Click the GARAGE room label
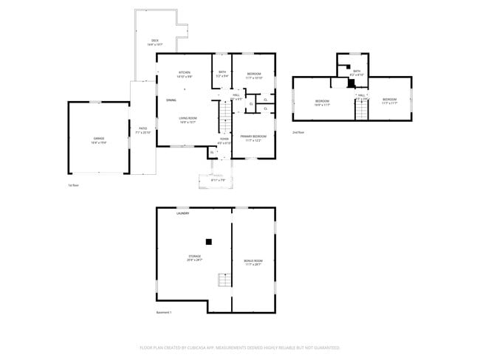coord(98,139)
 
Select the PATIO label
coord(143,131)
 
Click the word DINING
coord(171,100)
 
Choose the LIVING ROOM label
coord(188,120)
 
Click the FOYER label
coord(224,140)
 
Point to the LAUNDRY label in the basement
coord(182,213)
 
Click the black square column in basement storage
coord(209,240)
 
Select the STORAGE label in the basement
coord(194,257)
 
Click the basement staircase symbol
coord(223,280)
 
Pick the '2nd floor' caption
coord(298,132)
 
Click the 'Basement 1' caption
coord(164,312)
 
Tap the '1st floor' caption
coord(73,185)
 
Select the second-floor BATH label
coord(357,72)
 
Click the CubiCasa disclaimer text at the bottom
coord(239,347)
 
